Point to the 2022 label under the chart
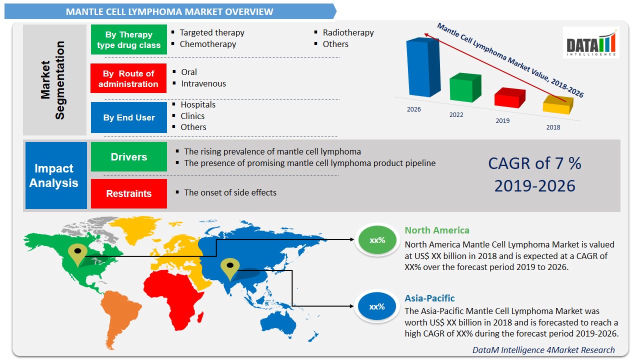(456, 115)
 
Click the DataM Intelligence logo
(591, 42)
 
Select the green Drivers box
(129, 156)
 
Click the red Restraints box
(129, 193)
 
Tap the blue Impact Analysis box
(53, 175)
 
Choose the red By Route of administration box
(128, 78)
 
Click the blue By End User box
(129, 117)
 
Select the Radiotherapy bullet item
(348, 32)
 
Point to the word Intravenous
(203, 83)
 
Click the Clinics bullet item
(192, 116)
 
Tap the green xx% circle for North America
(377, 240)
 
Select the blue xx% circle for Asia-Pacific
(377, 306)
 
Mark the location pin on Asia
(230, 269)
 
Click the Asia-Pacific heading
(429, 298)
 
